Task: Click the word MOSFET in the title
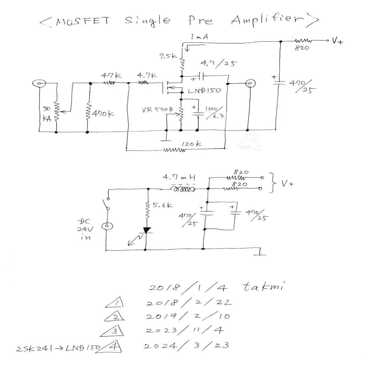click(83, 21)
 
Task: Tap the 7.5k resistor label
click(168, 56)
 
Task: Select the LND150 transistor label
click(204, 91)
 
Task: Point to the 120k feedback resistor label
click(191, 144)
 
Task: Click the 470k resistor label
click(103, 113)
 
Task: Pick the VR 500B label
click(157, 110)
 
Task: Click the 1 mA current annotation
click(199, 37)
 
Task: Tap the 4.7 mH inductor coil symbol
click(183, 189)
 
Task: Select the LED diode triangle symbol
click(147, 230)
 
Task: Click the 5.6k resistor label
click(162, 205)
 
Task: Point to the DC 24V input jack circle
click(107, 226)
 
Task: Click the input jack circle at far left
click(39, 84)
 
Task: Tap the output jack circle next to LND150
click(250, 84)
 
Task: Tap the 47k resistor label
click(111, 75)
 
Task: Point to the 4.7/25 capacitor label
click(219, 63)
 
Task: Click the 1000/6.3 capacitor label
click(215, 112)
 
